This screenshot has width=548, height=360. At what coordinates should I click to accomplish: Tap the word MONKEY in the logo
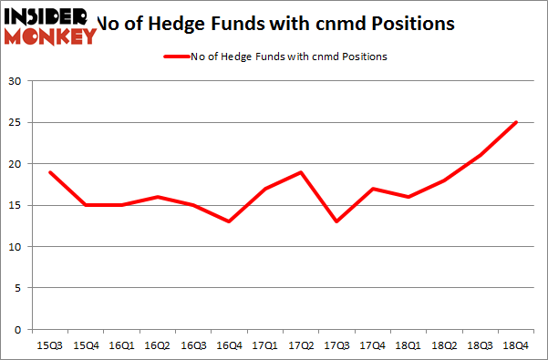click(x=52, y=36)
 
